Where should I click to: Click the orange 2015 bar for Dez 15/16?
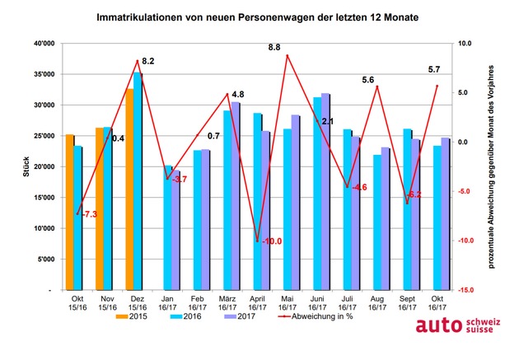(129, 189)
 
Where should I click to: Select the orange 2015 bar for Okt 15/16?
(69, 213)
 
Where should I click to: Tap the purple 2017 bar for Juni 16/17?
(325, 192)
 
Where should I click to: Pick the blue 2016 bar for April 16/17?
(258, 202)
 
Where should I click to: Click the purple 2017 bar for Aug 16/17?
(385, 218)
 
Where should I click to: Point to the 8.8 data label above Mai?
(274, 48)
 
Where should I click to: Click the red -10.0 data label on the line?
(272, 241)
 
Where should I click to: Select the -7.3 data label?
(89, 214)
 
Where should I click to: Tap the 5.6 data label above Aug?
(367, 80)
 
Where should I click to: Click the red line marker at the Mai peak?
(288, 55)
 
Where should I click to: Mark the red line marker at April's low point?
(258, 241)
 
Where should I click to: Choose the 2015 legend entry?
(132, 316)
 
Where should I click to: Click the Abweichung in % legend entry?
(316, 316)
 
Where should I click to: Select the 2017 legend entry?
(240, 316)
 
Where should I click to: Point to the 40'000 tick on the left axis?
(44, 44)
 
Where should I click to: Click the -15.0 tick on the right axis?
(465, 290)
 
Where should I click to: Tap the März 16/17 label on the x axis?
(227, 303)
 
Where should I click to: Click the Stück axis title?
(26, 166)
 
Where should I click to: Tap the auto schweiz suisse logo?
(458, 325)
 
